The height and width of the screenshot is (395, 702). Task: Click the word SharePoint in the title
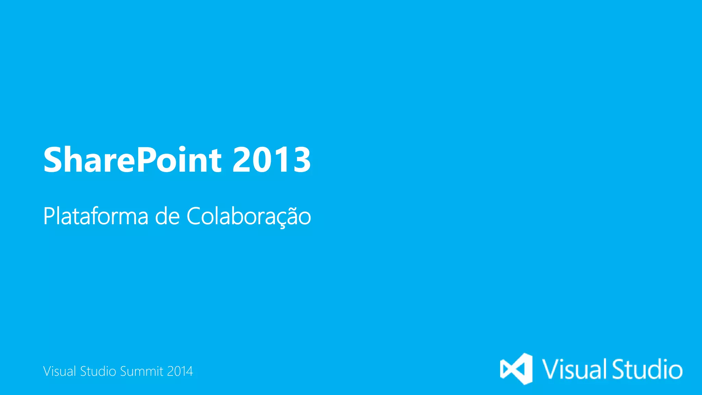click(132, 160)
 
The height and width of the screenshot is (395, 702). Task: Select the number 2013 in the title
click(271, 160)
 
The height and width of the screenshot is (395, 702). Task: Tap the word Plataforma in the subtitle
click(96, 216)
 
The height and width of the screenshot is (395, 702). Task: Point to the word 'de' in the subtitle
click(167, 216)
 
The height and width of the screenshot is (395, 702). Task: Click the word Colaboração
click(249, 216)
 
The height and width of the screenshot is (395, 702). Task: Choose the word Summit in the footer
click(142, 371)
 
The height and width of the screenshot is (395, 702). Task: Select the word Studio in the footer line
click(98, 371)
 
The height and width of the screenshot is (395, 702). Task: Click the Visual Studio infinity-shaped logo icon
click(516, 369)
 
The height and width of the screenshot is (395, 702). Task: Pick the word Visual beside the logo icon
click(574, 369)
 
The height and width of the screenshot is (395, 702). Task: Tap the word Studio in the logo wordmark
click(647, 369)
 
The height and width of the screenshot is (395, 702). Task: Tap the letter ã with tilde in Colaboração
click(292, 216)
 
